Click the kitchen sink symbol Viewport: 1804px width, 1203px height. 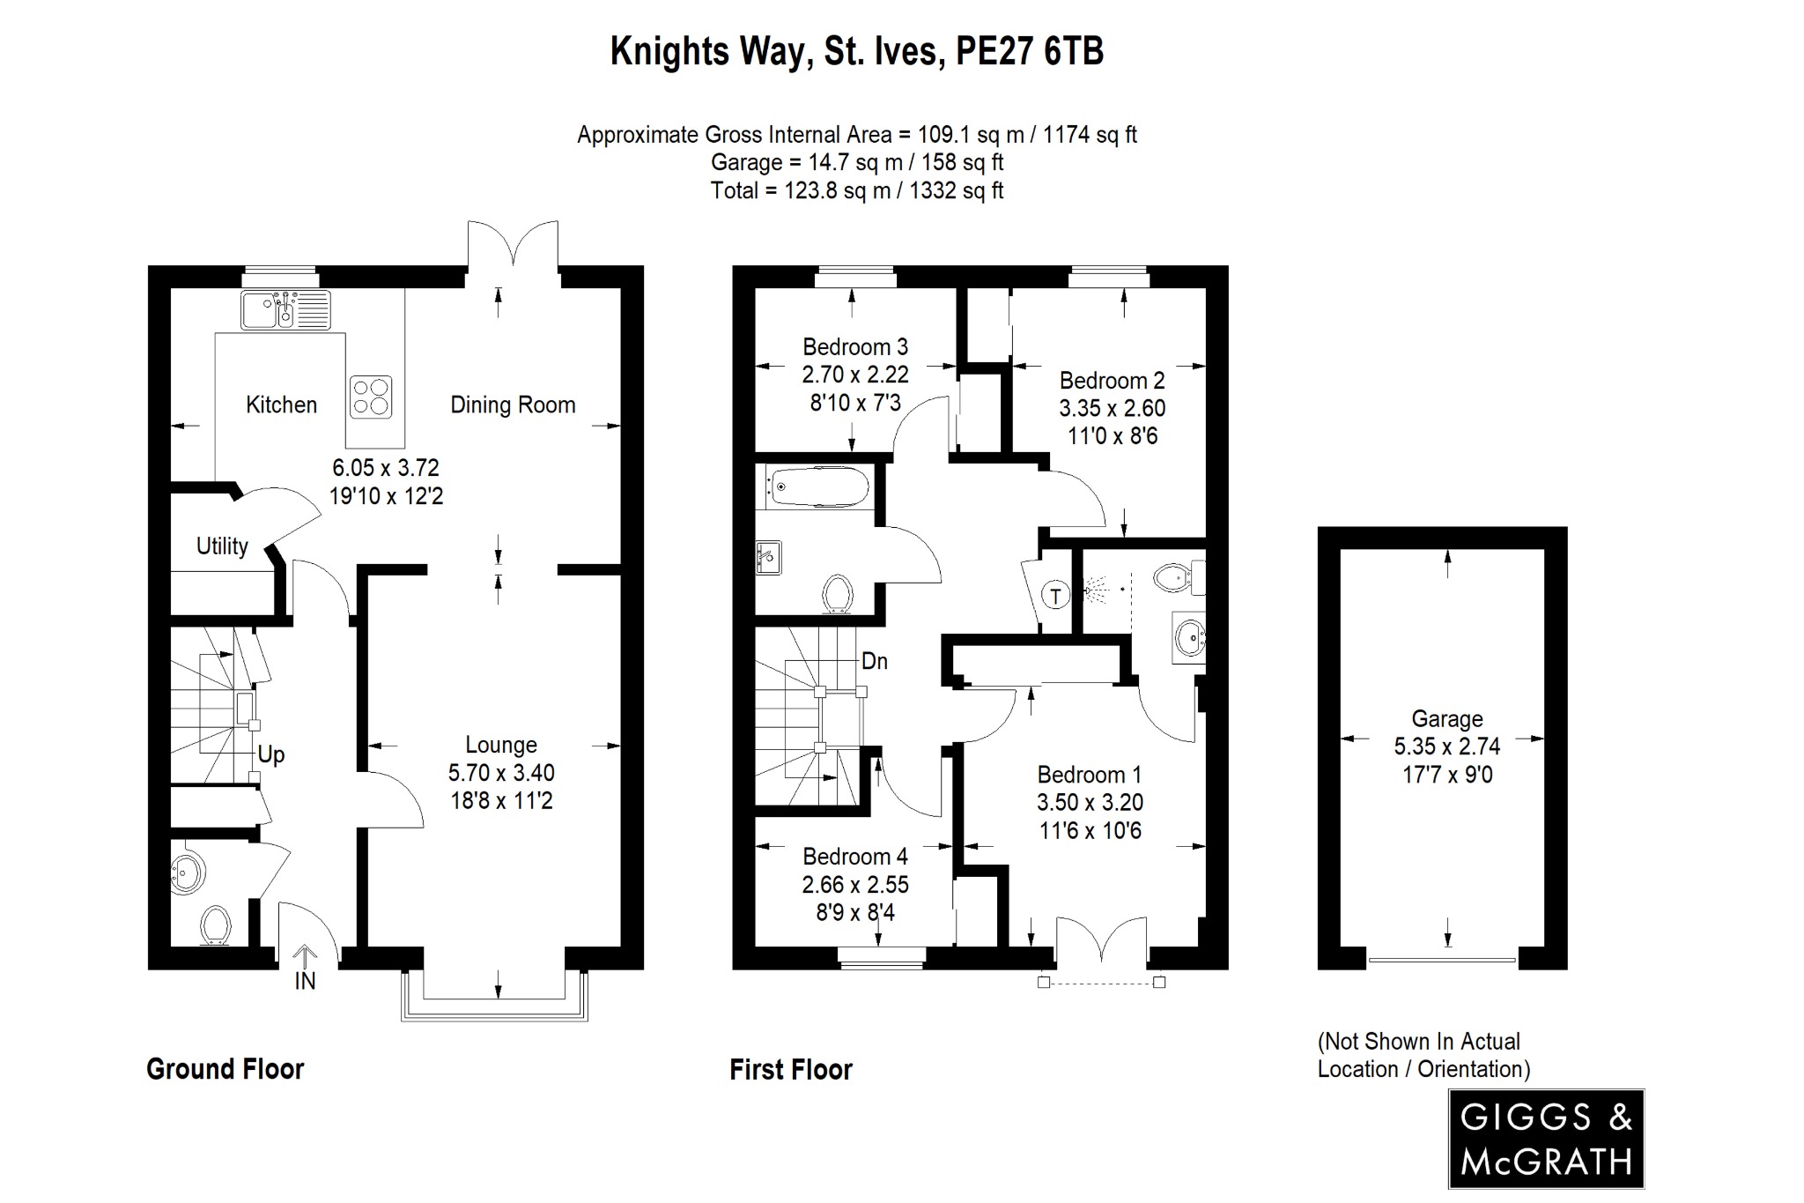[x=285, y=309]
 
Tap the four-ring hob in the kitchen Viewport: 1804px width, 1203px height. [x=371, y=397]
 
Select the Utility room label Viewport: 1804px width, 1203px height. [x=222, y=546]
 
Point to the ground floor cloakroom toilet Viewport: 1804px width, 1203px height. [x=216, y=926]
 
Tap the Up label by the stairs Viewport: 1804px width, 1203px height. [x=271, y=755]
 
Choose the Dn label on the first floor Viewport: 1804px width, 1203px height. [x=874, y=661]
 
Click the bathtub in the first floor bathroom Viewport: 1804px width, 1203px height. [x=818, y=486]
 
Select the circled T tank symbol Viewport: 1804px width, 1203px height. [x=1055, y=596]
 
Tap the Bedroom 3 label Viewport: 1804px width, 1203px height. [x=854, y=347]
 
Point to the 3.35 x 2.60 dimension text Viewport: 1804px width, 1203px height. [x=1112, y=409]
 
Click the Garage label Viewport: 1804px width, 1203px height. [x=1446, y=719]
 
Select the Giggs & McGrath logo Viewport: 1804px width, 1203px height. [x=1546, y=1140]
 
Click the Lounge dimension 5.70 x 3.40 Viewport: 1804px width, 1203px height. [x=501, y=774]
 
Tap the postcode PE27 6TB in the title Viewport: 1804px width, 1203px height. [x=1029, y=51]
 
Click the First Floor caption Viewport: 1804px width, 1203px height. [x=791, y=1070]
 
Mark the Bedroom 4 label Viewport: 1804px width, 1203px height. [x=854, y=857]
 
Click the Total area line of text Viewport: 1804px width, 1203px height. [x=856, y=191]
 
